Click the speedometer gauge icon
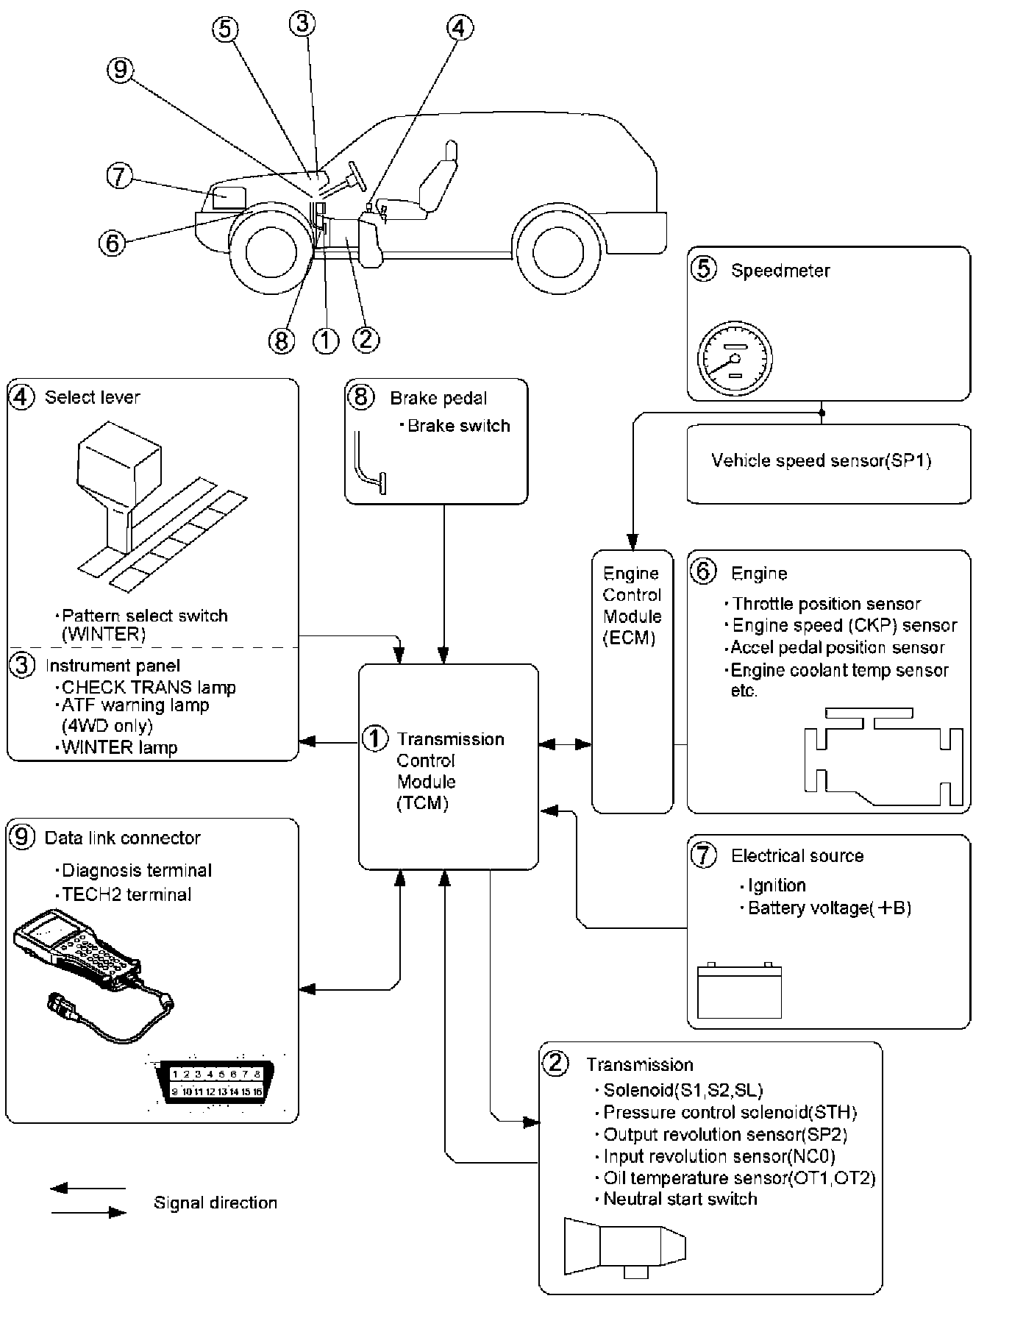point(734,360)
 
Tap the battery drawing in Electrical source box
point(739,990)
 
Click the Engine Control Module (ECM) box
point(632,680)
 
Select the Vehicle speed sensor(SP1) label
point(821,461)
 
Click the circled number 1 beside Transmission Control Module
point(375,738)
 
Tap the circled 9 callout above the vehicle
point(121,70)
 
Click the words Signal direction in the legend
point(215,1203)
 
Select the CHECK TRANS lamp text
point(149,688)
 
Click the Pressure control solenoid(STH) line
point(730,1113)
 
